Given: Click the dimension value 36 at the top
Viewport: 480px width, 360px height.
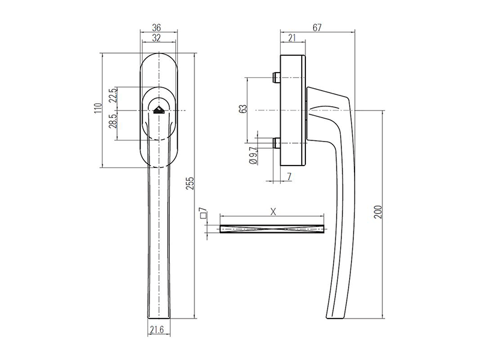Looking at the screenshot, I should coord(157,28).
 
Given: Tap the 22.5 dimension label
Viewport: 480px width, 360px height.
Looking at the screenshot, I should coord(112,98).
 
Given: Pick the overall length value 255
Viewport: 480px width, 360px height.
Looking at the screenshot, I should coord(190,184).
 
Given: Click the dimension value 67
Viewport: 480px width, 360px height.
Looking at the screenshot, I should coord(318,28).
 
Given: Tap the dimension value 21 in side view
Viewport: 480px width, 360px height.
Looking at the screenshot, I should coord(292,38).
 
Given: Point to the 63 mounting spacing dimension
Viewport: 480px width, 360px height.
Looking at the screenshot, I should coord(242,110).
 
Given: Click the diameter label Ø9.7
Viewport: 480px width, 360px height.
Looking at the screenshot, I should coord(252,154).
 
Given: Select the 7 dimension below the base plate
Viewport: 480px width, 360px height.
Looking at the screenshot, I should coord(289,176).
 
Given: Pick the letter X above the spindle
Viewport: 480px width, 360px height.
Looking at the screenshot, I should coord(273,211).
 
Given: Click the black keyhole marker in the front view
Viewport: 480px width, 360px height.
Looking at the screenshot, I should coord(159,109).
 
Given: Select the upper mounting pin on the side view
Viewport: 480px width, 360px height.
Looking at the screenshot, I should coord(275,78).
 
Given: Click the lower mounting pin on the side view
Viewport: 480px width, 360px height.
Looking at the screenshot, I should coord(275,143).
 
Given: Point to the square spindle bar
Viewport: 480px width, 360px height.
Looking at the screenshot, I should coord(272,228).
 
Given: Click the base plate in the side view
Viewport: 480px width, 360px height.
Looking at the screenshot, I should coord(294,110).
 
